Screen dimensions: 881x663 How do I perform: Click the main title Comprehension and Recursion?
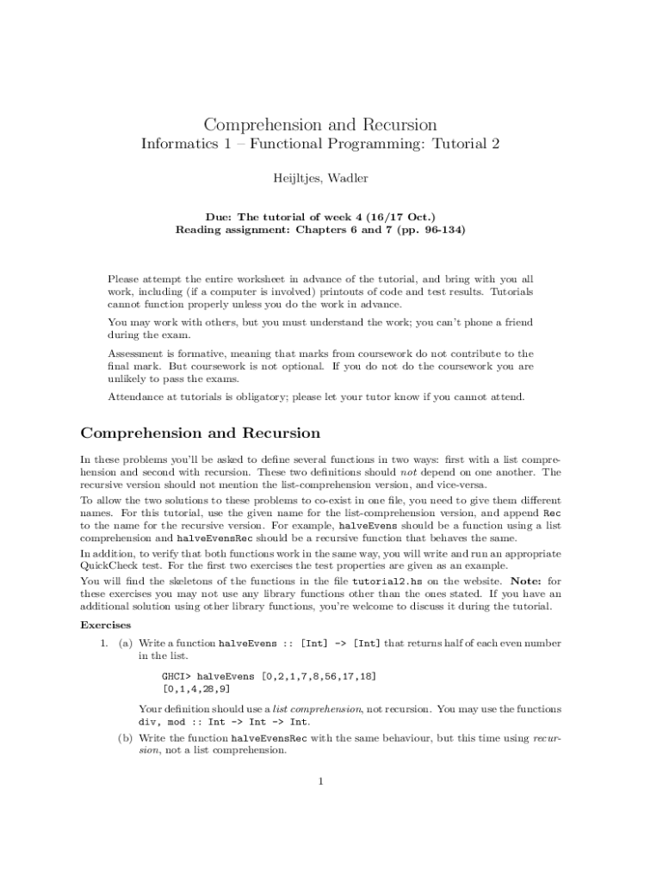click(319, 125)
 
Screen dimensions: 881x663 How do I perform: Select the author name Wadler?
click(349, 178)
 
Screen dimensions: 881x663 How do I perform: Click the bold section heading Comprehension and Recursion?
click(200, 433)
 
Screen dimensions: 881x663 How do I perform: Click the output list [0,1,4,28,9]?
click(196, 689)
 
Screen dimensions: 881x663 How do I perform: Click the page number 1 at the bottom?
click(320, 781)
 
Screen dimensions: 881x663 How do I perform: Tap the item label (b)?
click(126, 738)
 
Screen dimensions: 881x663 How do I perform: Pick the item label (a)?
click(126, 643)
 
